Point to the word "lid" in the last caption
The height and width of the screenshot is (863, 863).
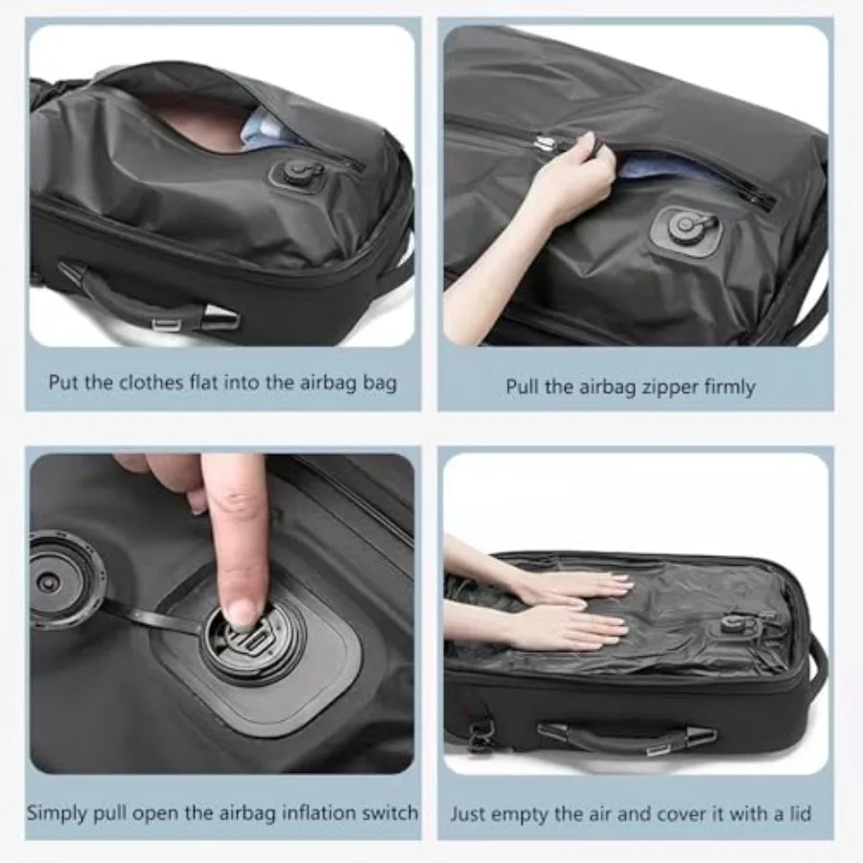coord(798,814)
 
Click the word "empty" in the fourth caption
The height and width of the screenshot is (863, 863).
coord(525,814)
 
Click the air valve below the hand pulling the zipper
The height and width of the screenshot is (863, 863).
coord(683,227)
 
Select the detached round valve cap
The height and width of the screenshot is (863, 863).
coord(65,579)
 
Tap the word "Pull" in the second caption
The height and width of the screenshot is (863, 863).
coord(522,387)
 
